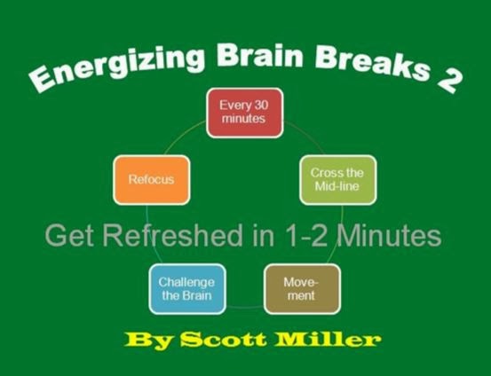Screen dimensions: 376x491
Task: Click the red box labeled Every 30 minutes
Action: click(244, 114)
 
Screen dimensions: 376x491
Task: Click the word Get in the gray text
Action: click(67, 236)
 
